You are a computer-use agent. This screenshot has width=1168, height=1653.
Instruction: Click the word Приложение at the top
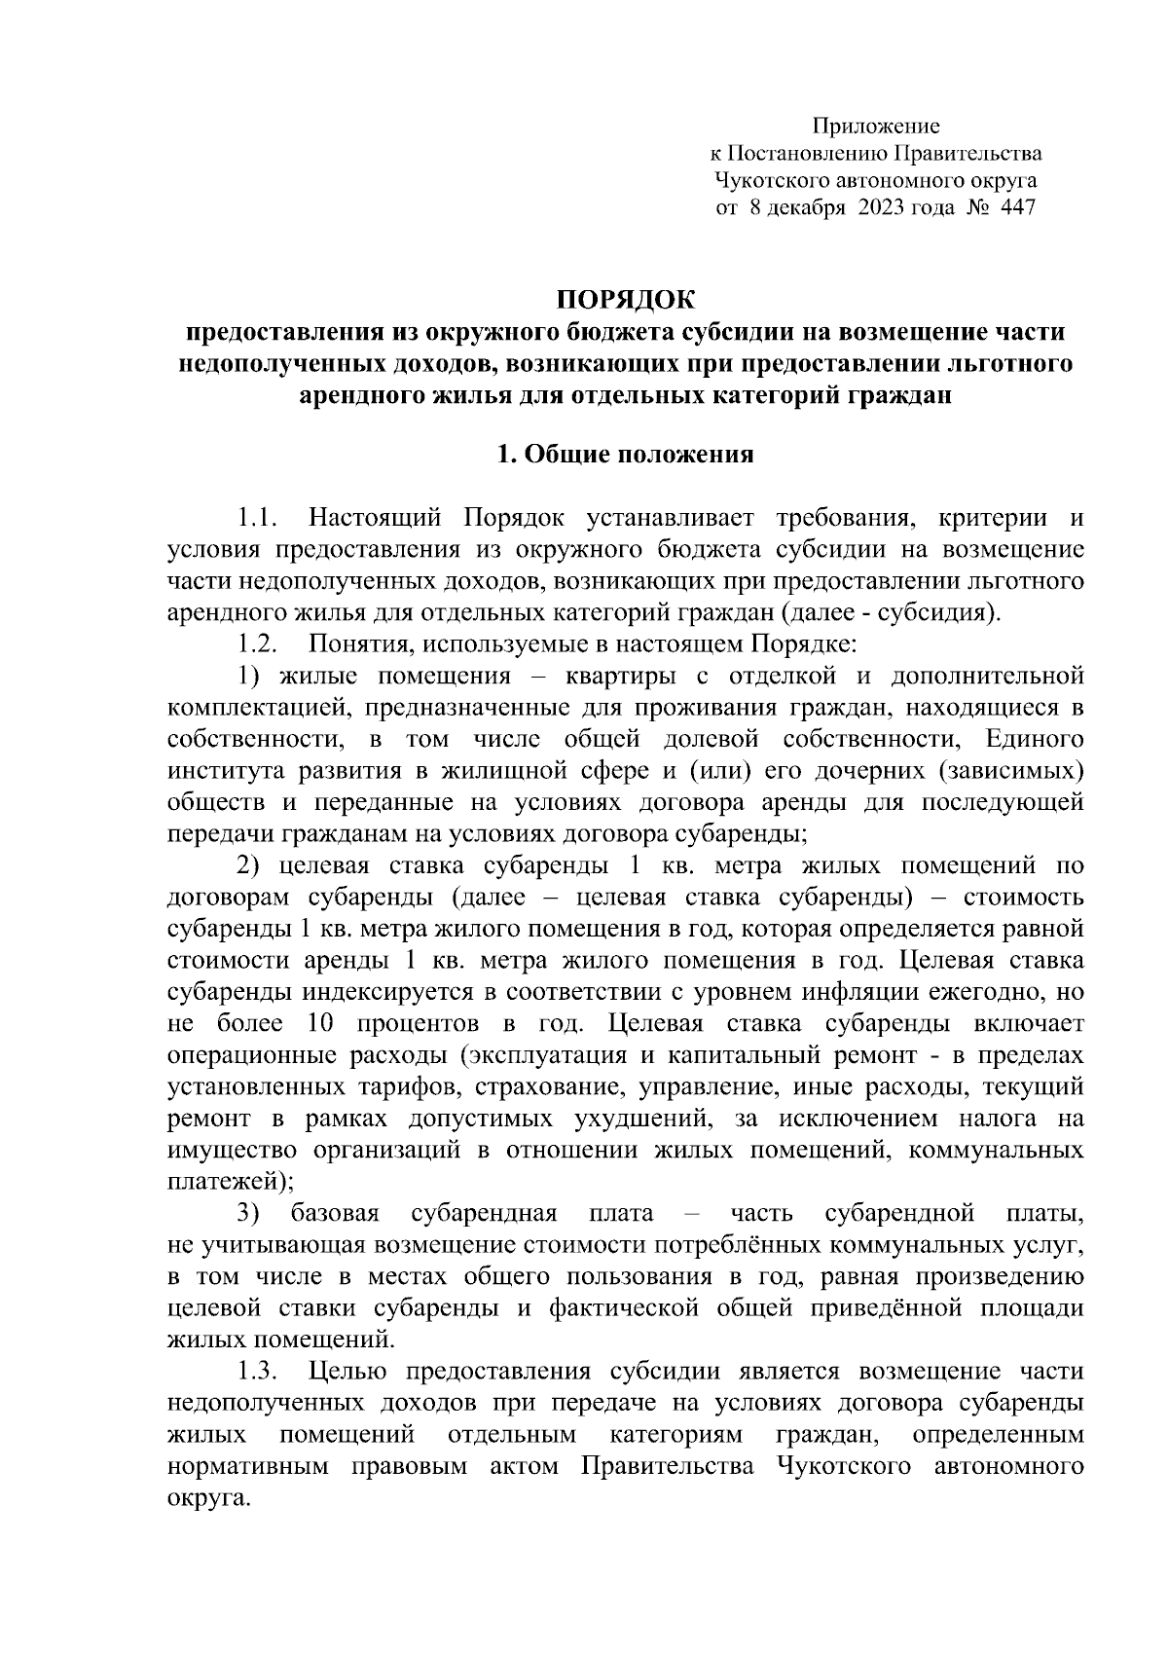876,126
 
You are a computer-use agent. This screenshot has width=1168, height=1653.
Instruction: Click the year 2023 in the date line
881,207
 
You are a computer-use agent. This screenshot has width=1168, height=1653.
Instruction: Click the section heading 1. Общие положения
625,454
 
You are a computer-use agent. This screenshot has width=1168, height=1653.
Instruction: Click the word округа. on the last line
203,1498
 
